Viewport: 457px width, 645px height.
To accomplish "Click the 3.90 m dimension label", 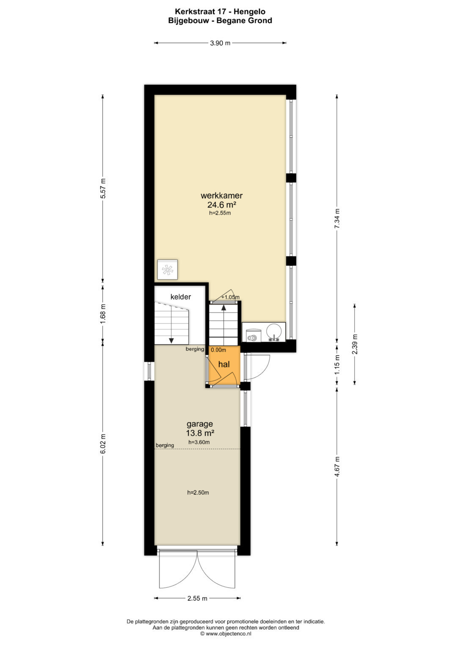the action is click(220, 43).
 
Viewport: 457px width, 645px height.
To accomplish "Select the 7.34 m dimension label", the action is click(337, 219).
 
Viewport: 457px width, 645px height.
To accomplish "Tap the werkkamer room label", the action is click(222, 196).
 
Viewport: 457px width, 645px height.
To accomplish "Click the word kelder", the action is click(181, 297).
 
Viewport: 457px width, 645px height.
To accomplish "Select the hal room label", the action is click(224, 365).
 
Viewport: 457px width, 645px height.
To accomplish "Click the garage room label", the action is click(200, 424).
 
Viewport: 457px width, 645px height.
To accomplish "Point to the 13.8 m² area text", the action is click(200, 433).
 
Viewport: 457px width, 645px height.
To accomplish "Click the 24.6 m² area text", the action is click(222, 204).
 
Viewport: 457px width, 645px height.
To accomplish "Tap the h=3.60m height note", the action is click(199, 442).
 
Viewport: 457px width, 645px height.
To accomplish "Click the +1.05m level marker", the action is click(231, 297).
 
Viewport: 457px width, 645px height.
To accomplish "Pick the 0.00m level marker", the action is click(218, 350).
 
